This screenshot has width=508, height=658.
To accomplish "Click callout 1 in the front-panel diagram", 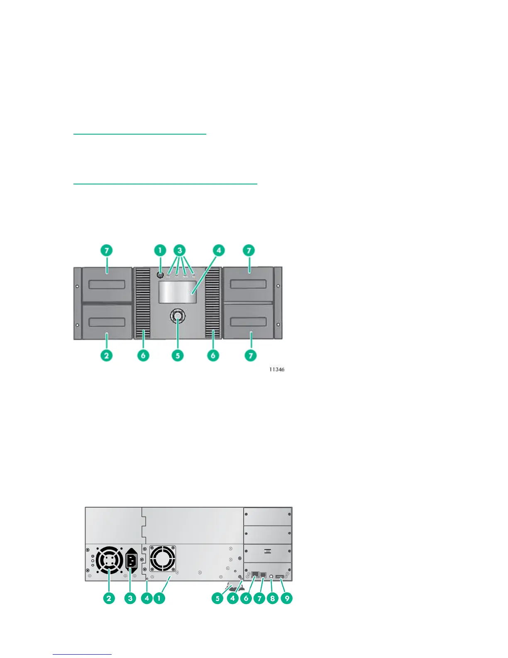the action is [x=160, y=250].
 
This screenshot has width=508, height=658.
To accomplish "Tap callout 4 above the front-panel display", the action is [x=218, y=250].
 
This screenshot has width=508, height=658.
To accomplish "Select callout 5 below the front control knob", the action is [x=178, y=356].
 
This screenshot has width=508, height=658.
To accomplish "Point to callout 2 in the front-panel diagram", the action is [x=107, y=356].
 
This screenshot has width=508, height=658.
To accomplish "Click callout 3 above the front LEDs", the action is [x=180, y=250].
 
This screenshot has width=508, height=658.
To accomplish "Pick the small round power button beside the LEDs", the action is [x=161, y=275].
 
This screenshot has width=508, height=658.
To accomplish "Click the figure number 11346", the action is [x=277, y=369].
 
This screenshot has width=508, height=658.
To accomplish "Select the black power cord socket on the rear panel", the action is [x=131, y=561].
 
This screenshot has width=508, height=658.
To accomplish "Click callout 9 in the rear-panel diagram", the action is [x=286, y=599].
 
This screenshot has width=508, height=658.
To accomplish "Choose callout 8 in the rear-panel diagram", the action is [x=273, y=599].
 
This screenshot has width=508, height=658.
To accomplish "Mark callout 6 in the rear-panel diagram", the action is [x=246, y=599].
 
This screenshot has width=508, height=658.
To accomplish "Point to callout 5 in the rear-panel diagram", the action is [x=217, y=599].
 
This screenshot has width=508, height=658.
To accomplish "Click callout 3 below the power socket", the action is [x=130, y=599].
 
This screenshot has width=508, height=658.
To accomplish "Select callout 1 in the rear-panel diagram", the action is [x=159, y=599].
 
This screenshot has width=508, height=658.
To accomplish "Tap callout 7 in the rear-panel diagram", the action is [x=259, y=599].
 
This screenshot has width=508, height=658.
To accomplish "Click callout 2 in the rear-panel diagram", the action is [x=109, y=599].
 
